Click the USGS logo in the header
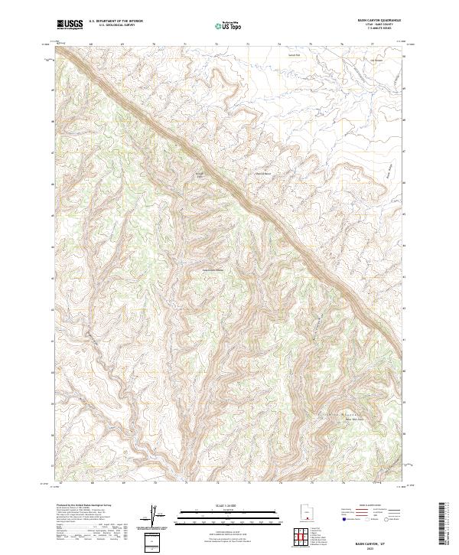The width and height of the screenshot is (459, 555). point(70,24)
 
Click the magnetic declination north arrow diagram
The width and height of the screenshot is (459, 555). point(155,516)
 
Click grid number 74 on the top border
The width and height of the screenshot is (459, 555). point(280,44)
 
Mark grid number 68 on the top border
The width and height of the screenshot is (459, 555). point(91,44)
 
